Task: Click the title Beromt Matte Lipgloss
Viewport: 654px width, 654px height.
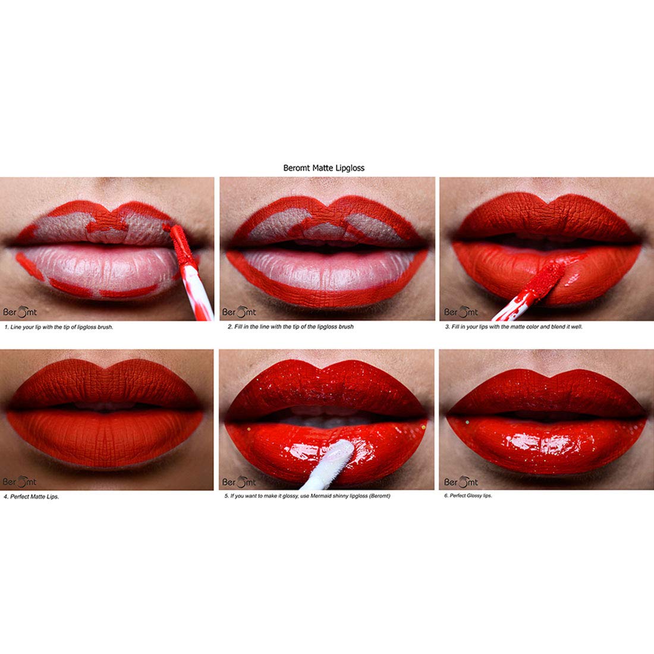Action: point(323,168)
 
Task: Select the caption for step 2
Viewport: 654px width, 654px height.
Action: point(291,327)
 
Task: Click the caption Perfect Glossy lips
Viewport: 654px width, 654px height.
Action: point(468,496)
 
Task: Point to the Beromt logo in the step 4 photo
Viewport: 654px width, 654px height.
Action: point(19,481)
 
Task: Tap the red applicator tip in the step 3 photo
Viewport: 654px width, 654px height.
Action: point(548,277)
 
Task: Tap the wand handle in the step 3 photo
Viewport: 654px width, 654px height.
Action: point(512,306)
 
